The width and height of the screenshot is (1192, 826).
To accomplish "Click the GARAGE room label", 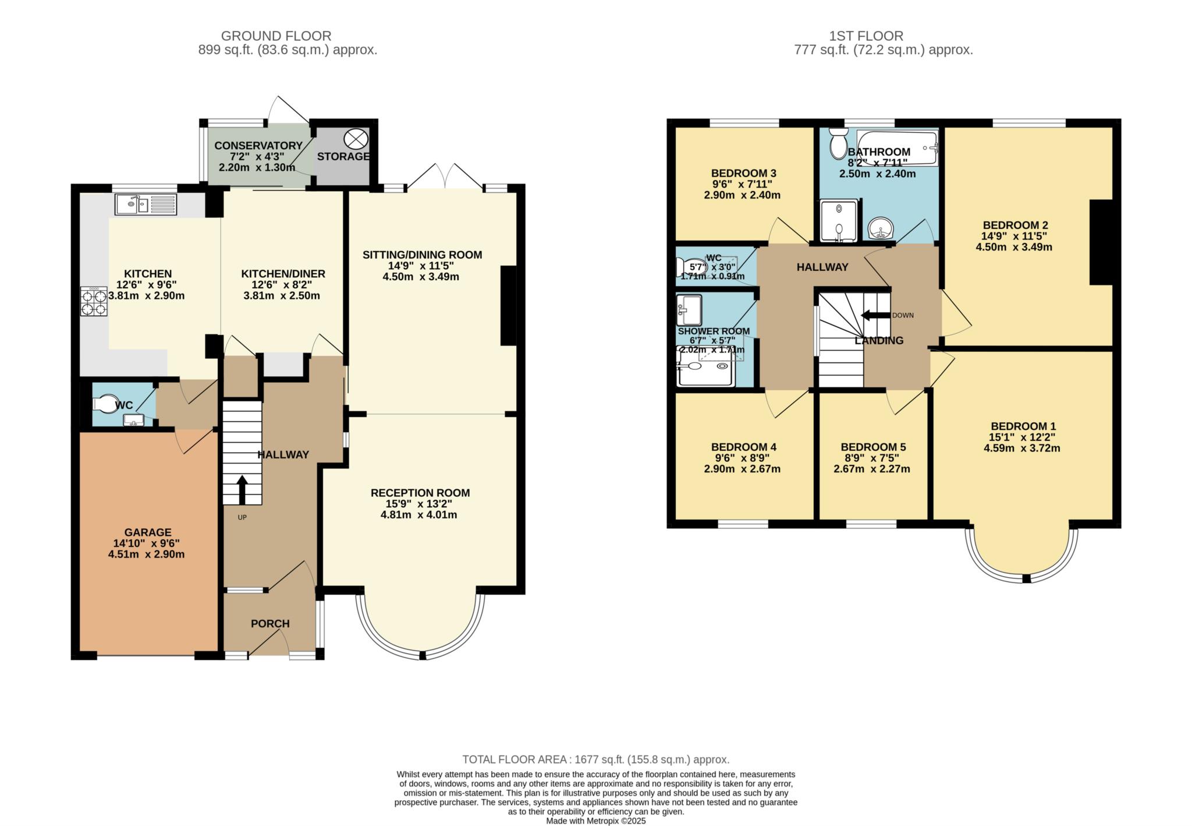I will (147, 532).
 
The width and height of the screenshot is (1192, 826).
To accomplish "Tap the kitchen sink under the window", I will (146, 204).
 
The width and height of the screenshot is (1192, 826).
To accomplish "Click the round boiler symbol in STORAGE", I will (356, 139).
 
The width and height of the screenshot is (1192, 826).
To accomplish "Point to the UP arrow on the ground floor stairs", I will (242, 489).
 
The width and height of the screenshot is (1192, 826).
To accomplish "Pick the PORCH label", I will (270, 623).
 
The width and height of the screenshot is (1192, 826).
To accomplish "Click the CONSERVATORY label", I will (258, 145).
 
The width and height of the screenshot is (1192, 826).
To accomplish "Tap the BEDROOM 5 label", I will (872, 447).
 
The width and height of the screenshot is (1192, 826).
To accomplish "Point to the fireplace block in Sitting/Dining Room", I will (508, 305).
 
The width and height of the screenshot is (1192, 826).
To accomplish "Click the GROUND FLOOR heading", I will (276, 36).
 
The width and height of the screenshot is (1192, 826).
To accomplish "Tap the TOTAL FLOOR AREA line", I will (595, 759).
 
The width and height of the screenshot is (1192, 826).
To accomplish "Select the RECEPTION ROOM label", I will (420, 492).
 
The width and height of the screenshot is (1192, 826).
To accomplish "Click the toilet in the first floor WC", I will (685, 267).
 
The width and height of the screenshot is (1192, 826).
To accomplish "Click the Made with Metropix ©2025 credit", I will (595, 821).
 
